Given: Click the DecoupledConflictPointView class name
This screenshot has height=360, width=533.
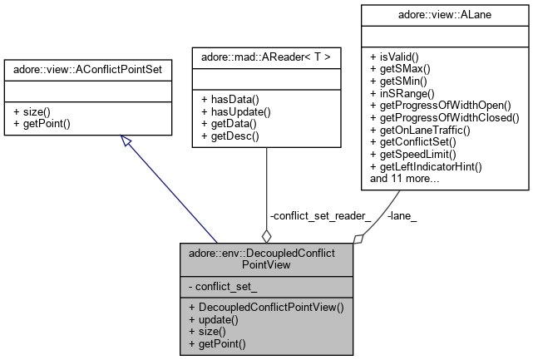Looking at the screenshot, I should tap(264, 257).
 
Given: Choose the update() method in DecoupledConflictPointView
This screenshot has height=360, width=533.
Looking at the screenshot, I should tap(213, 319).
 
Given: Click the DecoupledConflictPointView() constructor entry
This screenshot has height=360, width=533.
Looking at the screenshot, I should tap(265, 307).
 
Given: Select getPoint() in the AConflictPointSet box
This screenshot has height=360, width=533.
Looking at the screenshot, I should tap(43, 123).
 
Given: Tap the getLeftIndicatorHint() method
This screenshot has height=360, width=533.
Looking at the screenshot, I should tap(426, 166).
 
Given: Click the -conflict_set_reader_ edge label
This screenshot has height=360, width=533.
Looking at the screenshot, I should tap(320, 215).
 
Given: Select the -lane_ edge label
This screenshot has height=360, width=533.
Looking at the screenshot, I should tap(402, 215).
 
